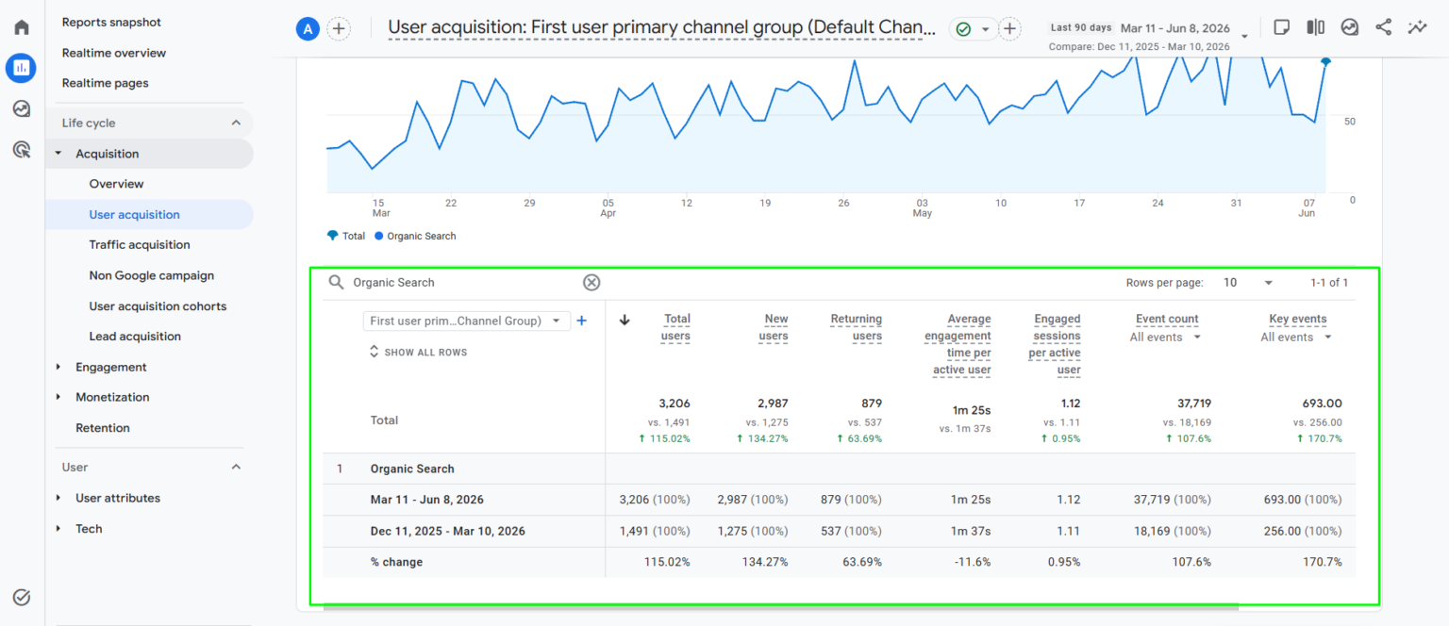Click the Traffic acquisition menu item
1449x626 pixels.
click(x=139, y=244)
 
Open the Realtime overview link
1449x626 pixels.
click(x=114, y=53)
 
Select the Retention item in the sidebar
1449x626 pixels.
click(x=102, y=427)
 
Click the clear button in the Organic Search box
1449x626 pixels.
click(x=591, y=283)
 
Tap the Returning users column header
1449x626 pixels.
click(x=856, y=327)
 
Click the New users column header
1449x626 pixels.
click(x=773, y=327)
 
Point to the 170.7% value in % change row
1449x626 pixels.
click(x=1323, y=562)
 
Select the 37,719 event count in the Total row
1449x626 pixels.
click(x=1194, y=404)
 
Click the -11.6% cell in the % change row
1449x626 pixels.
click(x=973, y=562)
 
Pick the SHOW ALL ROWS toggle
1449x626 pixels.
click(x=419, y=352)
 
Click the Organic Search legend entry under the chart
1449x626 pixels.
click(x=415, y=236)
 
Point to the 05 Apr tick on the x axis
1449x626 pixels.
click(x=608, y=207)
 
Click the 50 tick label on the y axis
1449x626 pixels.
click(x=1349, y=122)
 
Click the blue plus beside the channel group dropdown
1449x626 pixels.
click(x=581, y=321)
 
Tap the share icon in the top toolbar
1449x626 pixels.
click(x=1383, y=27)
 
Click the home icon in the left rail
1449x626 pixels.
click(x=22, y=27)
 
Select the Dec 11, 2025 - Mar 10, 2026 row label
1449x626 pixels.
click(x=448, y=531)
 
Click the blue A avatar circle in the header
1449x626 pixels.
click(x=308, y=28)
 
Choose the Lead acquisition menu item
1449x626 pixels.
click(x=135, y=337)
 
